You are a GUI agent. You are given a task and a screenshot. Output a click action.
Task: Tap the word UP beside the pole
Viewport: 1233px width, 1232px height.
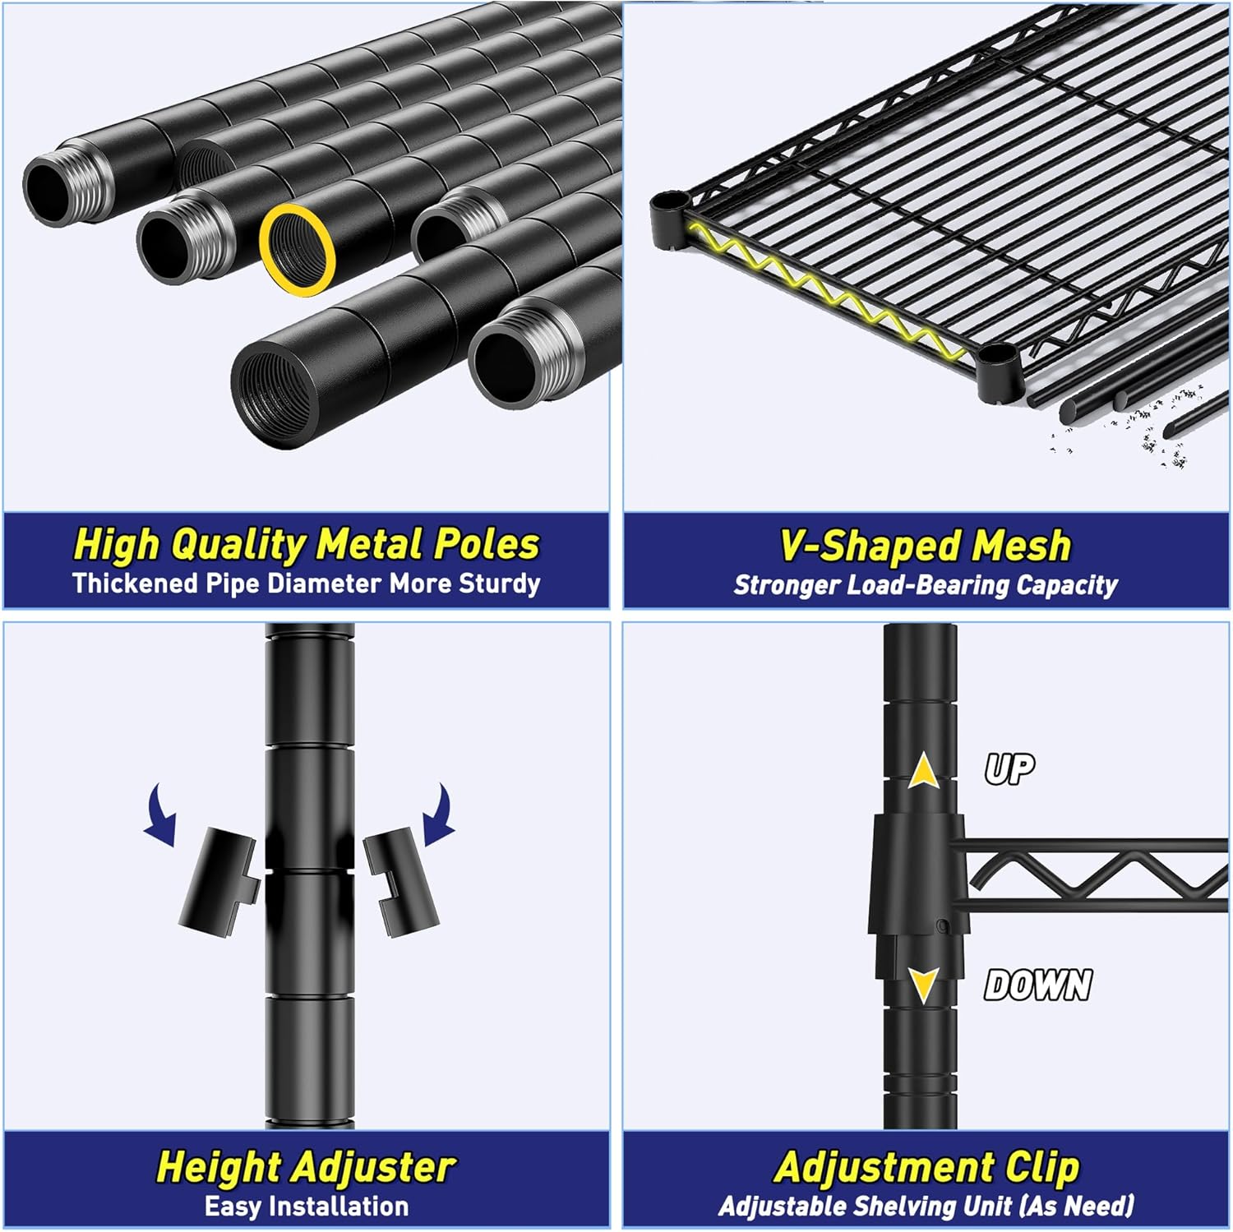coord(1009,768)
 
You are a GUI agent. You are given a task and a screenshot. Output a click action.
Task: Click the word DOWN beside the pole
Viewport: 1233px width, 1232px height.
coord(1038,984)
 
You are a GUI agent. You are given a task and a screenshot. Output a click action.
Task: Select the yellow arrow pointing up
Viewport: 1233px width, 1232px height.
coord(924,773)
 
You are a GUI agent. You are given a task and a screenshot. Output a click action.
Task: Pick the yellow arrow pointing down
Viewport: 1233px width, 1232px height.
coord(924,983)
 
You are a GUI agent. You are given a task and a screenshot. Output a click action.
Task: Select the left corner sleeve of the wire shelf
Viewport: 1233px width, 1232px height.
coord(670,219)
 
